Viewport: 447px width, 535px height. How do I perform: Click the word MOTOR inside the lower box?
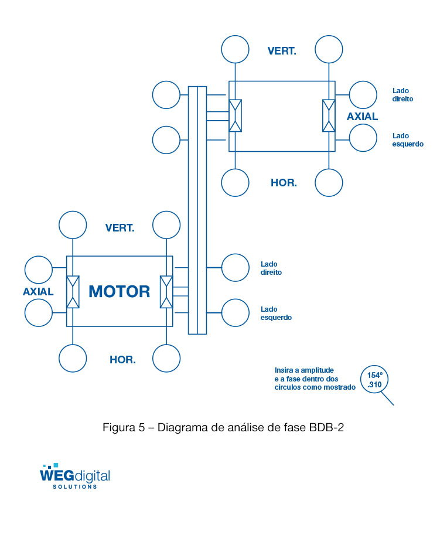coord(119,291)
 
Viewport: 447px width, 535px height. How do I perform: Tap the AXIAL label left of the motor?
coord(38,291)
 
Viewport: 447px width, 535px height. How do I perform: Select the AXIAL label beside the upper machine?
coord(362,116)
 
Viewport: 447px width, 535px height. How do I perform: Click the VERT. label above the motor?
coord(120,227)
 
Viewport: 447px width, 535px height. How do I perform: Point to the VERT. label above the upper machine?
coord(282,50)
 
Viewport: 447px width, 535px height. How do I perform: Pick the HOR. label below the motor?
coord(122,360)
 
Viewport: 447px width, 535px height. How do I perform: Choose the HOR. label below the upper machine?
coord(284,183)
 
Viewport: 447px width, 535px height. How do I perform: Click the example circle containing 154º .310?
coord(374,380)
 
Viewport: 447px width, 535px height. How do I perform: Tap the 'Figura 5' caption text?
coord(223,427)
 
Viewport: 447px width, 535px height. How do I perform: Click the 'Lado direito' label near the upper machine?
coord(402,95)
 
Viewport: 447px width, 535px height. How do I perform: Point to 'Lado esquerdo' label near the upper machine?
coord(408,139)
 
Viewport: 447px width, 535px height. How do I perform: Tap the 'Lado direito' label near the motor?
coord(271,268)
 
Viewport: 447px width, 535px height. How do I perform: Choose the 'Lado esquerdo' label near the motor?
coord(276,313)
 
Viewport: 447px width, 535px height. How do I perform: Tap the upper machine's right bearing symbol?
coord(329,115)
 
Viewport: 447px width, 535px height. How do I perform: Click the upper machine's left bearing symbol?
coord(236,115)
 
